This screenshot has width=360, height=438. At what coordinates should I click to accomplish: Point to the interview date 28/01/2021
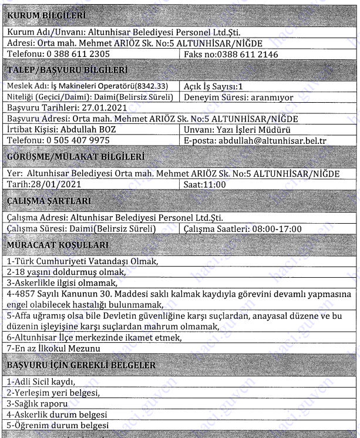click(58, 184)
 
